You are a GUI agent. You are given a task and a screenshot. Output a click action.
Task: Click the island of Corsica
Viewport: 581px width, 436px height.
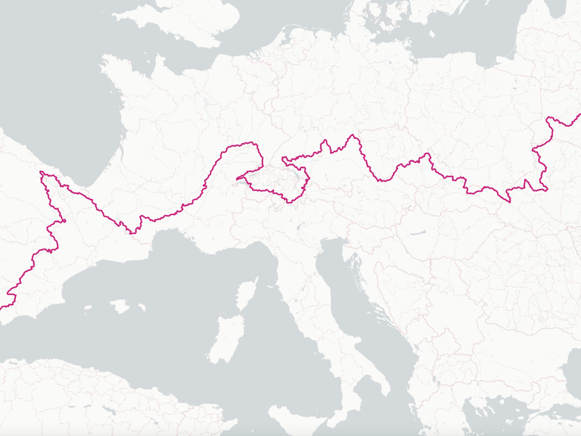(247, 295)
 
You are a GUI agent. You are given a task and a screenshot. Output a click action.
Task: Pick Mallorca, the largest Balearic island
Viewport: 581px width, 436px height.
(119, 307)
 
